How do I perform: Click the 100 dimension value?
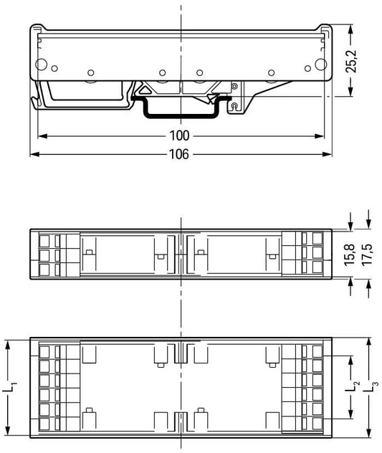tap(179, 135)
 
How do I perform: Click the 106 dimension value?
tap(179, 154)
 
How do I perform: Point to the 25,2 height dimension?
tap(351, 61)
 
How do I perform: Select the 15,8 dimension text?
tap(349, 254)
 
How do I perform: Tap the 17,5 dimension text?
tap(367, 254)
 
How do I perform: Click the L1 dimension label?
tap(10, 387)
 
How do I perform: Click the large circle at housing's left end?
tap(41, 65)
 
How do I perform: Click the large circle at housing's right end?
tap(321, 65)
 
